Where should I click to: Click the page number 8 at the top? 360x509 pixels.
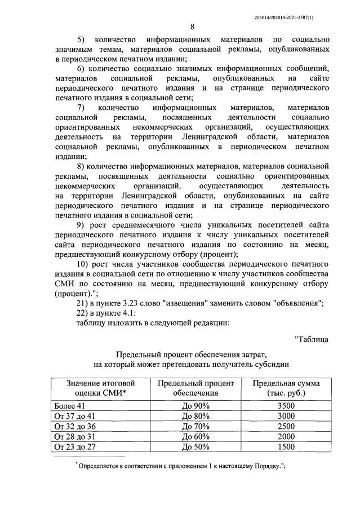tap(192, 27)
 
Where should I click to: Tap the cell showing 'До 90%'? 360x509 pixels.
tap(195, 406)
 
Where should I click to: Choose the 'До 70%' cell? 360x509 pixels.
tap(195, 426)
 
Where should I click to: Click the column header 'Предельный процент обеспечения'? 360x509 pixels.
tap(195, 388)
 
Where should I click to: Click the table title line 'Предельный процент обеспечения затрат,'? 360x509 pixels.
tap(191, 353)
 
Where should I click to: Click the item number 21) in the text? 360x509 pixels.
tap(84, 303)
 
